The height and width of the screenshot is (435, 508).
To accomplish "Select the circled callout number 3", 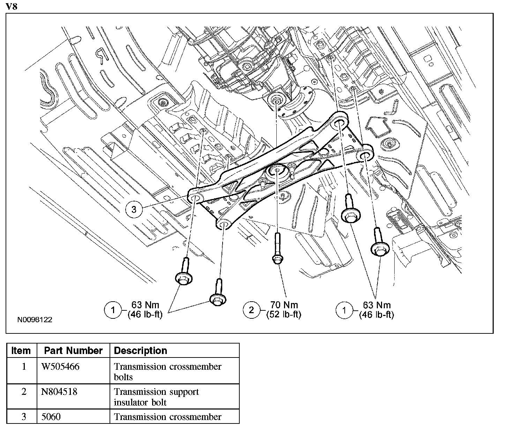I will (x=134, y=209).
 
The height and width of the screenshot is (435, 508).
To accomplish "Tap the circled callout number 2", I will (x=252, y=309).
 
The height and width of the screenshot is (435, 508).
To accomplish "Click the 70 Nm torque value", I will (x=284, y=305).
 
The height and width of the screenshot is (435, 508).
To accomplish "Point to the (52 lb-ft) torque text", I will (x=284, y=315).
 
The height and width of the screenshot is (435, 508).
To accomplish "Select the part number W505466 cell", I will (x=60, y=367).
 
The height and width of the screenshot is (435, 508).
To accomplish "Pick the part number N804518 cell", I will (x=59, y=392).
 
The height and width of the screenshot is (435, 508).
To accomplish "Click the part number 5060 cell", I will (x=51, y=417).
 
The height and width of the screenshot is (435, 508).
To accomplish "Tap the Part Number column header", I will (x=73, y=351).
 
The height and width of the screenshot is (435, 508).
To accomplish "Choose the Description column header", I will (x=141, y=351).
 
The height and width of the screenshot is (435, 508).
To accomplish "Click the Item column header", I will (x=21, y=351).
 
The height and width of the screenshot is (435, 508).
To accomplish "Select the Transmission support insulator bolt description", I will (x=156, y=397).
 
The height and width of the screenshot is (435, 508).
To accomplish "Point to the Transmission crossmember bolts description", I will (x=167, y=371).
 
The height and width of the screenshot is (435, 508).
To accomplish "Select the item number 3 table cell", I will (x=24, y=417).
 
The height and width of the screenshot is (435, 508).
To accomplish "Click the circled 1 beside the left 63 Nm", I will (x=113, y=310).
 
